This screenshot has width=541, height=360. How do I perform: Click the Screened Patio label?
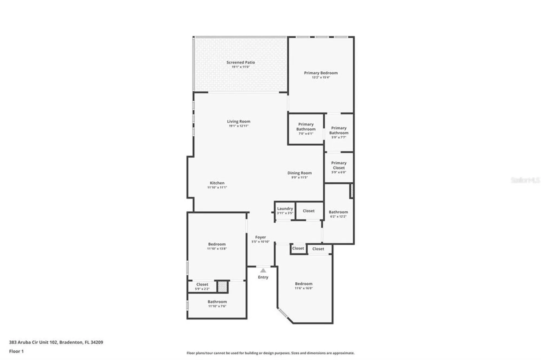click(240, 62)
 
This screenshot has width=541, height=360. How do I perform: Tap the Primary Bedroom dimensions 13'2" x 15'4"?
click(321, 77)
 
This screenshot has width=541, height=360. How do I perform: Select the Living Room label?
click(238, 122)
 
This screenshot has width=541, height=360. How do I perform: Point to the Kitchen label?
click(217, 183)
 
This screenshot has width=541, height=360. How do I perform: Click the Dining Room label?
click(299, 173)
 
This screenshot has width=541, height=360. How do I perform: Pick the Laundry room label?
click(285, 209)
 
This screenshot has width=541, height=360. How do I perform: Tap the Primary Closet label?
click(339, 165)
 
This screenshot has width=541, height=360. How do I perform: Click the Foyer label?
click(260, 237)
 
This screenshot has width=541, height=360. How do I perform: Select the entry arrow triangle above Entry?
click(263, 271)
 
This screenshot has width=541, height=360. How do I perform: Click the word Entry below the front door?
click(263, 277)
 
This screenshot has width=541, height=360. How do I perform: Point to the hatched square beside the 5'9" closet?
click(222, 287)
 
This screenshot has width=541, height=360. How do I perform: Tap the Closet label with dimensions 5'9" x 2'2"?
click(202, 285)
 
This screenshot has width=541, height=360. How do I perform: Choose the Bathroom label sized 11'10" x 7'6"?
click(217, 302)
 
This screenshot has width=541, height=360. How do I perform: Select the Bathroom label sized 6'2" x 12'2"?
click(338, 212)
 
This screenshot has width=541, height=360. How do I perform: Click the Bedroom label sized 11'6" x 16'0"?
click(304, 284)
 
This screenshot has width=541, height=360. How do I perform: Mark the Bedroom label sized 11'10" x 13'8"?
click(217, 244)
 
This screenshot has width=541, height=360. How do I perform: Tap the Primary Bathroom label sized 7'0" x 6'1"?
click(306, 127)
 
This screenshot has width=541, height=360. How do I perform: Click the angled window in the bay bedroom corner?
click(283, 313)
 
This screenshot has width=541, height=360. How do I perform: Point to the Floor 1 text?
click(16, 351)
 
